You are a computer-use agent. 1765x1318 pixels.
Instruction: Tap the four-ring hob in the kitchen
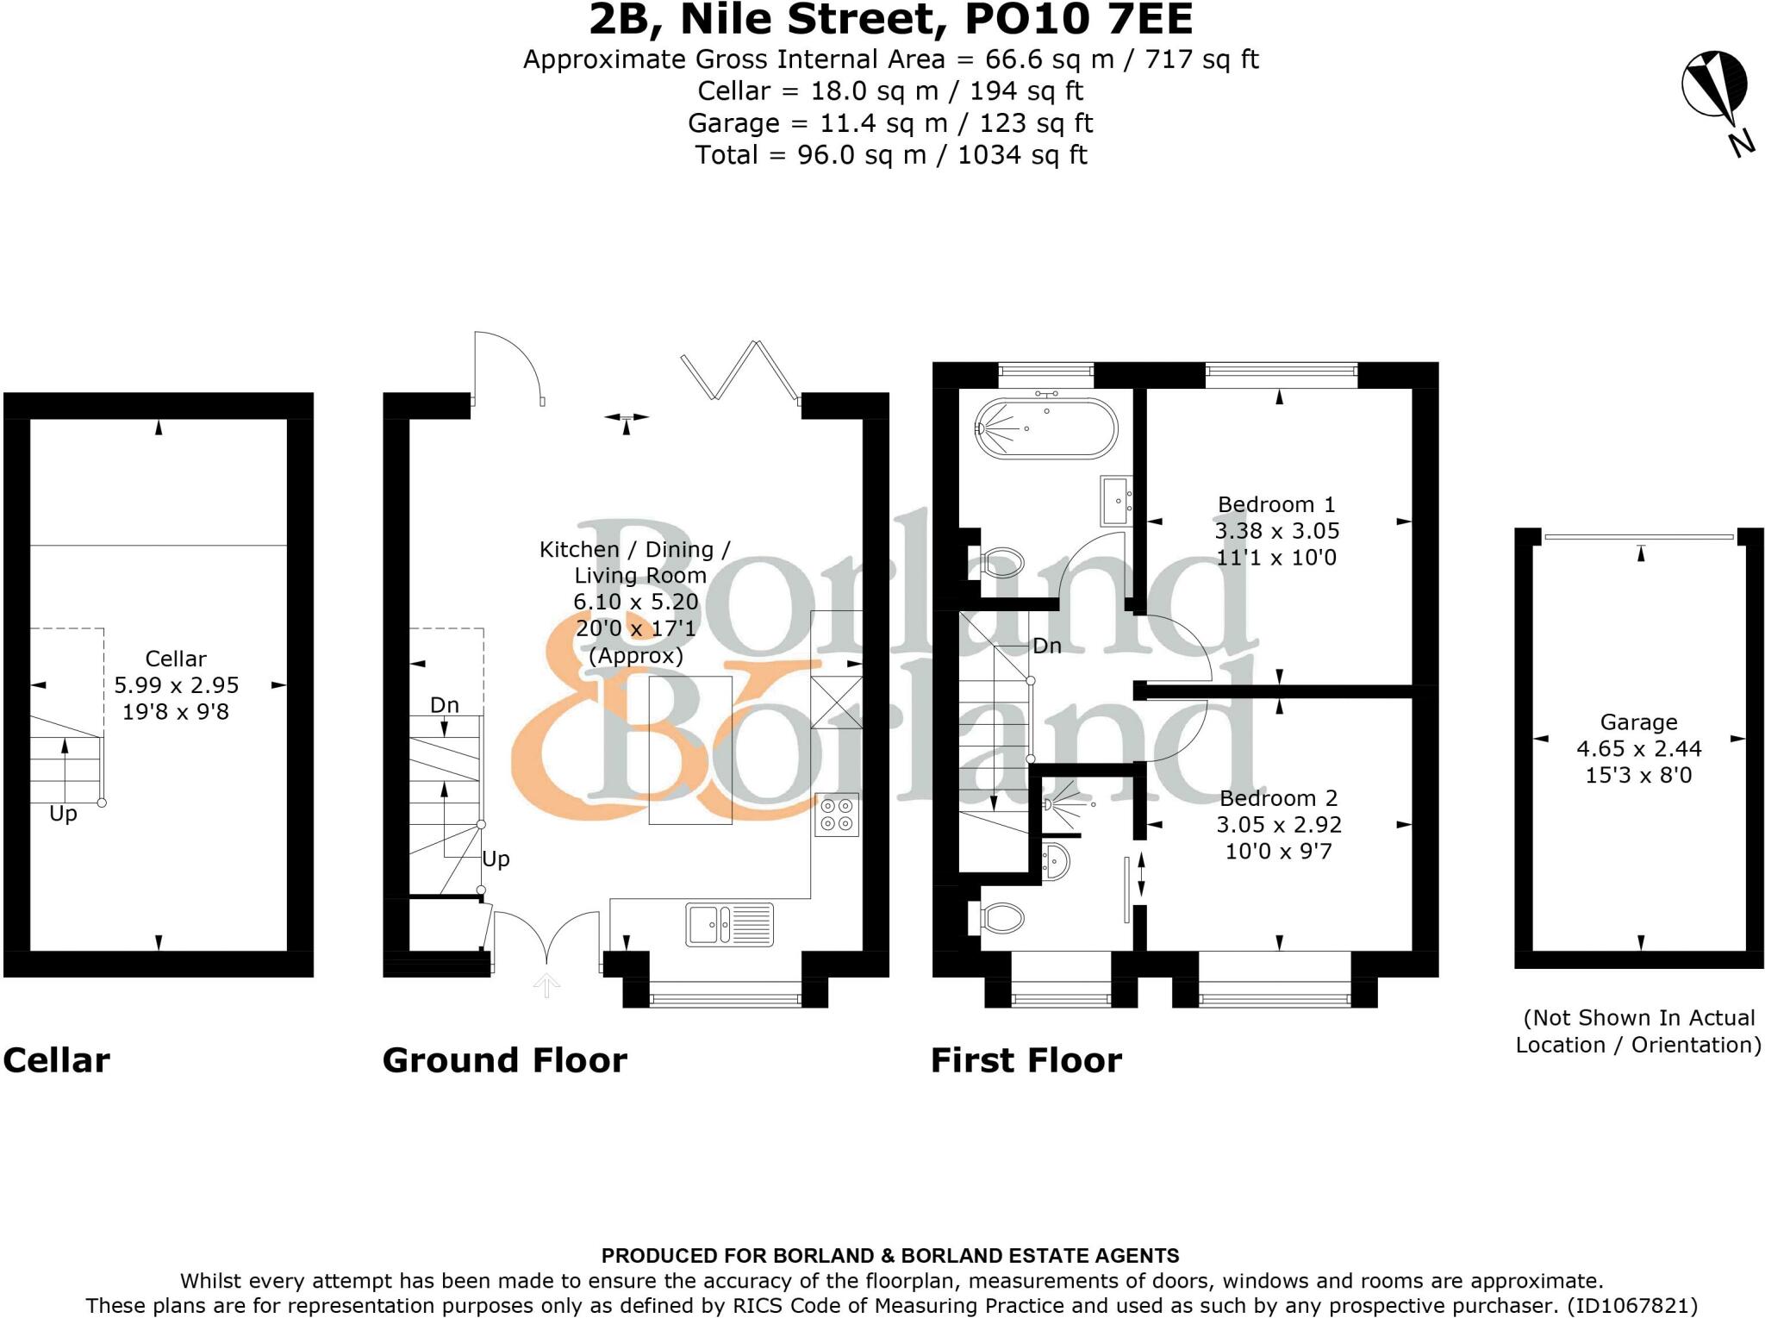pos(837,815)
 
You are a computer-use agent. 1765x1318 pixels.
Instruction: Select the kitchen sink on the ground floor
pos(729,924)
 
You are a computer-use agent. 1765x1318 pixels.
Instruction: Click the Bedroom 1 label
pos(1276,504)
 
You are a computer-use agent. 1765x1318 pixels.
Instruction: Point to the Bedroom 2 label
pos(1278,798)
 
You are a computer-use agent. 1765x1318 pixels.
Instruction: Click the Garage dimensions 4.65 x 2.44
pos(1638,748)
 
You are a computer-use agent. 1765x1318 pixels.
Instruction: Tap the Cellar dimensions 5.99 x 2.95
pos(176,685)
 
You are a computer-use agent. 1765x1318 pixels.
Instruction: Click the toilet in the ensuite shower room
pos(1001,918)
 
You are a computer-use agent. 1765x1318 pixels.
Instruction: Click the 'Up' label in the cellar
pos(63,814)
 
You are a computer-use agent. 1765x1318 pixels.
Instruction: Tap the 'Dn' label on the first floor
pos(1046,646)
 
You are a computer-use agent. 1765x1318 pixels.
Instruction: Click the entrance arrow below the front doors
pos(546,985)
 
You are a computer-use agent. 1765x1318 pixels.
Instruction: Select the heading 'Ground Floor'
pos(504,1060)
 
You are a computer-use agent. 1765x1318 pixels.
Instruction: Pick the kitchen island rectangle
pos(690,749)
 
